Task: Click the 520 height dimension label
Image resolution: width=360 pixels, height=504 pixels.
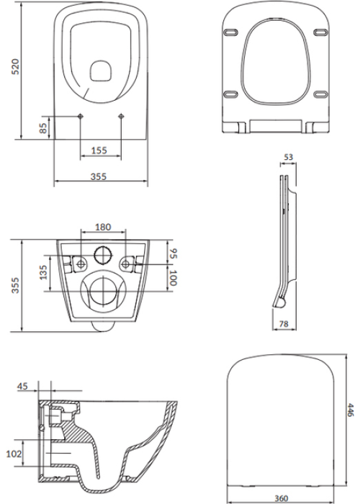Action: tap(15, 66)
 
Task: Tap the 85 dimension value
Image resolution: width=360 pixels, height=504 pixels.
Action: tap(44, 127)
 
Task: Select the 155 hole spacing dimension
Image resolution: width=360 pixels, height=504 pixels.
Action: tap(99, 150)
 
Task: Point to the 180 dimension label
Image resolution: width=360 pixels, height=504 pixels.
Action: tap(103, 227)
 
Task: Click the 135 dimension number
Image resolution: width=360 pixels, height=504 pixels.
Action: tap(43, 272)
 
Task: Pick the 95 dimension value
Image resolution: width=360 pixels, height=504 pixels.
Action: tap(173, 253)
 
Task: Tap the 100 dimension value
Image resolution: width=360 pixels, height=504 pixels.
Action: tap(173, 278)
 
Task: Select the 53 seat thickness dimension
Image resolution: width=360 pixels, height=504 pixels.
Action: tap(289, 157)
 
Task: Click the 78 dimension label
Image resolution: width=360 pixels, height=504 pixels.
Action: tap(284, 324)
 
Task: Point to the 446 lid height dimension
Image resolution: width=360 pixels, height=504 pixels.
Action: tap(351, 410)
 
